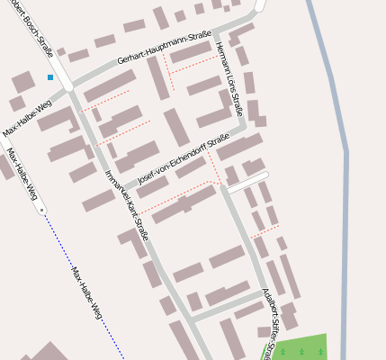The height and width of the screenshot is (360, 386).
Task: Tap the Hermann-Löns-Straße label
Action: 229,79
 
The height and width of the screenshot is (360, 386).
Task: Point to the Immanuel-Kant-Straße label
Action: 126,205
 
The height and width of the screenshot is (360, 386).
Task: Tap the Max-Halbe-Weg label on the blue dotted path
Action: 86,293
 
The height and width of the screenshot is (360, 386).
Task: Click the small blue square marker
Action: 50,77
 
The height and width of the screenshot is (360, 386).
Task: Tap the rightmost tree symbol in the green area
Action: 320,352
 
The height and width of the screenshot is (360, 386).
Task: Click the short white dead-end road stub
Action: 248,183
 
